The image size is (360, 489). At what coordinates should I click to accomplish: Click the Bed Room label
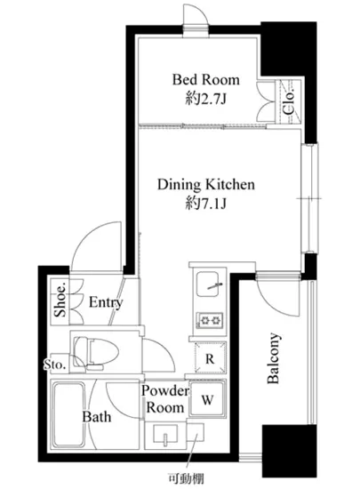pos(206,79)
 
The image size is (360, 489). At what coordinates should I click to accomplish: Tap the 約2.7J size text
pos(205,100)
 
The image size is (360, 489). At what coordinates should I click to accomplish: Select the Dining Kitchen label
pos(206,184)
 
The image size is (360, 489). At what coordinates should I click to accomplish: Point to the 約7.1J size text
pos(205,204)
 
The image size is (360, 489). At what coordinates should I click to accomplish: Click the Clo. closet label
pos(289,102)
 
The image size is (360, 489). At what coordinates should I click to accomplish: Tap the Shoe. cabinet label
pos(60,300)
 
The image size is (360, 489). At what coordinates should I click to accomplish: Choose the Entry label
pos(106,302)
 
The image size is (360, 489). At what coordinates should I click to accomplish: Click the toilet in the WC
pos(96,352)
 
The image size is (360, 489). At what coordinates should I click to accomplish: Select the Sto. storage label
pos(55,364)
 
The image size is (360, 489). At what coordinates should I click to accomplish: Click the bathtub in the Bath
pos(68,414)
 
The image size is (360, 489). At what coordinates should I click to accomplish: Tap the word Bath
pos(97,417)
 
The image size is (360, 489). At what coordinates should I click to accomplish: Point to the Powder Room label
pos(165,399)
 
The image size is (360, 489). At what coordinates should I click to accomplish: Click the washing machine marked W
pos(208,399)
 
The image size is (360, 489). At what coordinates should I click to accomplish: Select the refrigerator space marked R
pos(210,357)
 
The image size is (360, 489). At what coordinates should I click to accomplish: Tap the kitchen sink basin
pos(207,285)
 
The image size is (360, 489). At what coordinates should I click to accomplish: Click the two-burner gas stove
pos(209,320)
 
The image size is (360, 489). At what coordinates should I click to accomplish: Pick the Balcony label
pos(274,358)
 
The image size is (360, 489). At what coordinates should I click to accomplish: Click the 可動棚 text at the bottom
pos(186,478)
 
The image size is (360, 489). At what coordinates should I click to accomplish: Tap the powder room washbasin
pos(165,434)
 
